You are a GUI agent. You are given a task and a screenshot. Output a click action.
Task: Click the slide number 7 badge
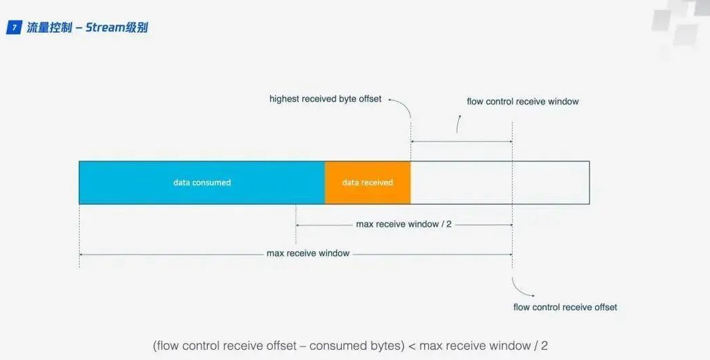14,28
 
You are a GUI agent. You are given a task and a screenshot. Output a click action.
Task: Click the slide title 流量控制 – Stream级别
87,28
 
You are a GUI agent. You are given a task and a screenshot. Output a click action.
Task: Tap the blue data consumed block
201,182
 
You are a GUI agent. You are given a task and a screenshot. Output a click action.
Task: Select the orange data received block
368,182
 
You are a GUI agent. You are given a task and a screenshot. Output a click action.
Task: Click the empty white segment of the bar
500,182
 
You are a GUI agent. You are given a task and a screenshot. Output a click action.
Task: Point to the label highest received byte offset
325,99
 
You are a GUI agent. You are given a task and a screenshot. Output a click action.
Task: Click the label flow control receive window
522,101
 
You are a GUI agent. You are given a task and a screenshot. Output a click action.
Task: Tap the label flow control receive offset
565,307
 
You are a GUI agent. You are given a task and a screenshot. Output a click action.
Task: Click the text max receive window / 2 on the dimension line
404,224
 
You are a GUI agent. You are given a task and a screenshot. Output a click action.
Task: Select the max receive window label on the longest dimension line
308,253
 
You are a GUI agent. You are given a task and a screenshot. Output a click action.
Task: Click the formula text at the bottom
350,346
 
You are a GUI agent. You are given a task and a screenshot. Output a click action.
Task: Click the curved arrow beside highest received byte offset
402,106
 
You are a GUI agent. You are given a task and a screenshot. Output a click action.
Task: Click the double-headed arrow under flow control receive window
462,142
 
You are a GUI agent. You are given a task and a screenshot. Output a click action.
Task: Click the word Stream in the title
105,28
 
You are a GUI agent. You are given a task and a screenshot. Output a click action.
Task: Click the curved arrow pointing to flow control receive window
457,123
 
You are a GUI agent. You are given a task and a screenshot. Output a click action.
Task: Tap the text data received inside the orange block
368,182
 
